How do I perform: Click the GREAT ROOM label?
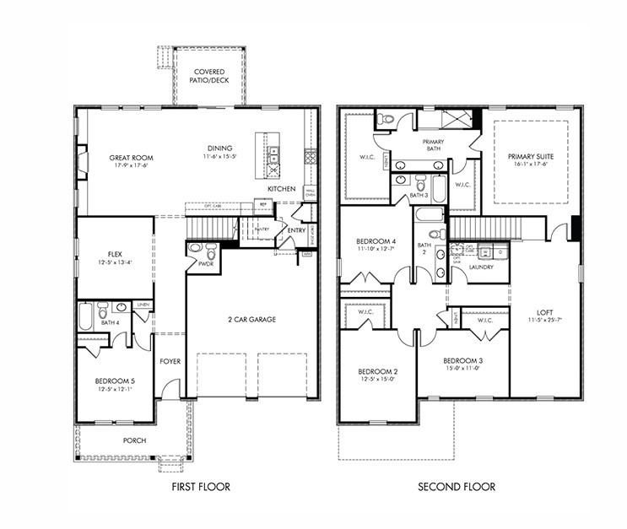tap(129, 157)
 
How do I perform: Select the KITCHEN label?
tap(282, 189)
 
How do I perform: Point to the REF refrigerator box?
tap(263, 204)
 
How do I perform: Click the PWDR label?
tap(205, 264)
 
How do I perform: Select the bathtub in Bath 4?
tap(85, 316)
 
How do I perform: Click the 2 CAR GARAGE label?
tap(251, 319)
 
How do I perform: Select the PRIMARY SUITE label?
tap(528, 157)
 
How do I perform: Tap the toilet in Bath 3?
tap(419, 181)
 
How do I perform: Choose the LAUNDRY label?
tap(482, 267)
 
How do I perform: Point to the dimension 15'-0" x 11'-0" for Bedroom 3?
tap(462, 368)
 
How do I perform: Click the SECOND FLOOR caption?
tap(457, 487)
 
